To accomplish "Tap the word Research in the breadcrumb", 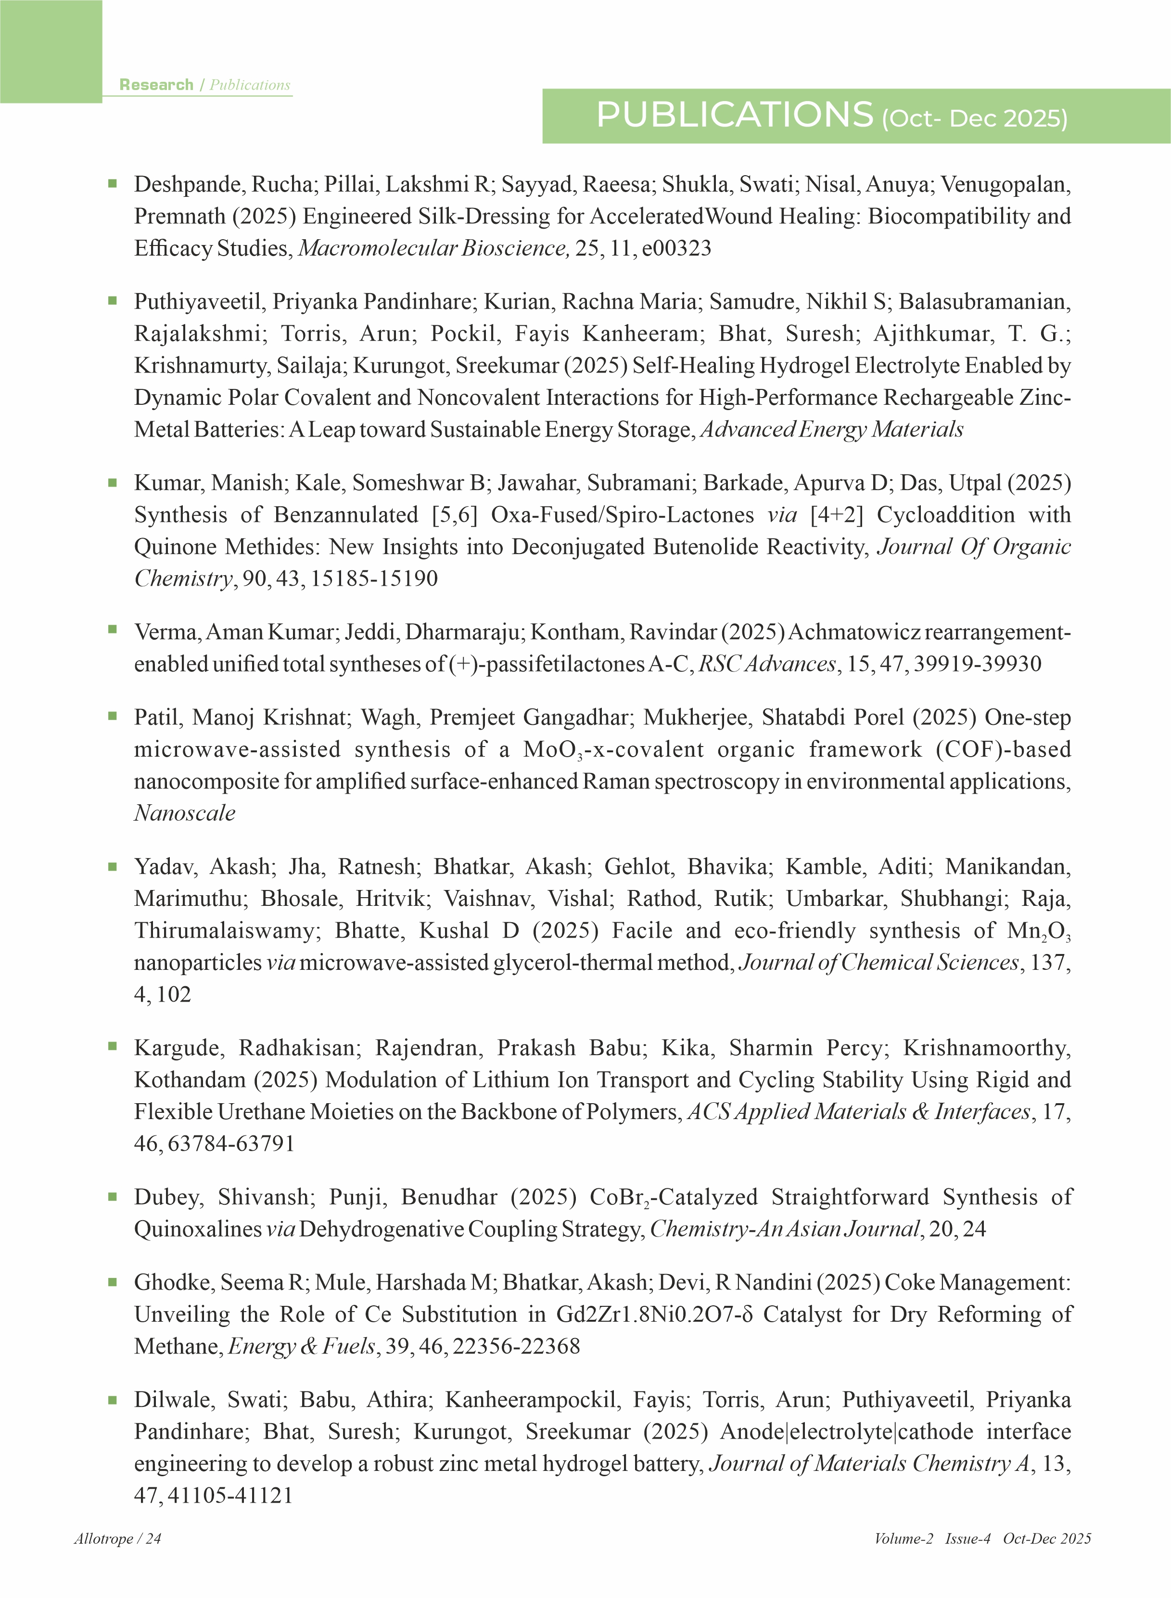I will pos(156,85).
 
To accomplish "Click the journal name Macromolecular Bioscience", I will pos(433,248).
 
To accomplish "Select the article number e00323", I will pos(676,248).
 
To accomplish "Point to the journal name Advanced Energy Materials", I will pos(831,430).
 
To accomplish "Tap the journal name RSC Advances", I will pos(767,664).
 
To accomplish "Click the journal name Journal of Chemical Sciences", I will pos(878,963).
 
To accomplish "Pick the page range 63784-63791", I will pos(231,1144).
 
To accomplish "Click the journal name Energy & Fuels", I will pos(301,1346).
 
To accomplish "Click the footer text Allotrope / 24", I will pos(118,1539).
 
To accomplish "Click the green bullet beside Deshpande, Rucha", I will pos(112,183).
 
